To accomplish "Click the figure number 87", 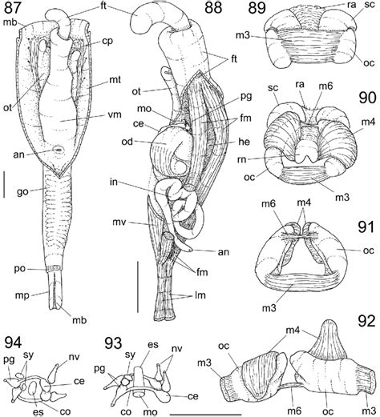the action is click(11, 7).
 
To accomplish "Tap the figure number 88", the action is click(213, 7).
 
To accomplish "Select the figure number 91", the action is click(366, 224).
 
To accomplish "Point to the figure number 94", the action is click(13, 343).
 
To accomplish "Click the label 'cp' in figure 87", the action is click(107, 42).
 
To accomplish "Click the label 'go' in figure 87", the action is click(22, 191).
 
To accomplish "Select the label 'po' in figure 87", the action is click(20, 269).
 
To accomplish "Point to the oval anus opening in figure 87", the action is click(58, 150).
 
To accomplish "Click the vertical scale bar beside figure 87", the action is click(4, 185).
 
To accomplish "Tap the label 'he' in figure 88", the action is click(245, 142).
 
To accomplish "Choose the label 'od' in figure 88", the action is click(127, 142).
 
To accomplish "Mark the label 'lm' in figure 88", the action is click(200, 295).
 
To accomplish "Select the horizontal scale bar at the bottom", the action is click(205, 415).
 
